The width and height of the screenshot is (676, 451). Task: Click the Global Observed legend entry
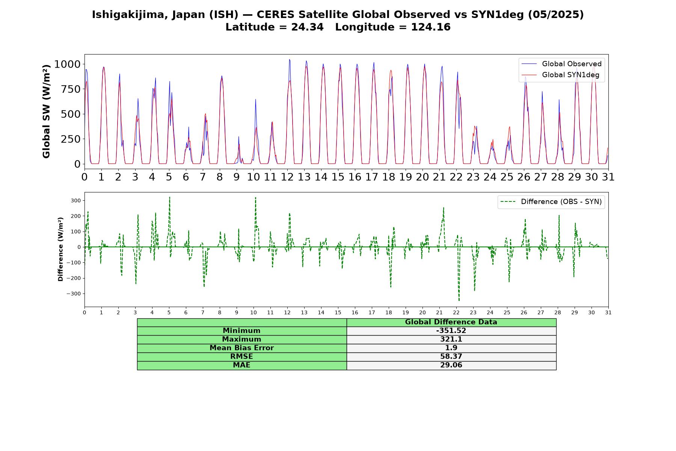(561, 64)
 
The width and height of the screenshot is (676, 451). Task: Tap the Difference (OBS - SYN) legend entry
(551, 202)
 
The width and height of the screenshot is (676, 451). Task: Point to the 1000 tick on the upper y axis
(68, 64)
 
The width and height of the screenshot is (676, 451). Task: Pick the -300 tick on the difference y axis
(74, 294)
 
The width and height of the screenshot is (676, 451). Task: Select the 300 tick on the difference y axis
(76, 201)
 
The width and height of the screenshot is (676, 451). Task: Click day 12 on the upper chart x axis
(287, 177)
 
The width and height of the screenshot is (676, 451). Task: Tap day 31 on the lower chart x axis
(608, 313)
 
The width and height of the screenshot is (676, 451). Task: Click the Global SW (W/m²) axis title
(46, 111)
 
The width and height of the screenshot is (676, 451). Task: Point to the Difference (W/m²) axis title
(60, 249)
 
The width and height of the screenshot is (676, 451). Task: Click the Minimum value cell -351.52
(451, 331)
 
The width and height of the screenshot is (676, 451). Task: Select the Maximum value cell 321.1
(451, 339)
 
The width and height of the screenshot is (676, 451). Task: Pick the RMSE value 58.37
(451, 357)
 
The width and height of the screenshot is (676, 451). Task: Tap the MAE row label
(241, 365)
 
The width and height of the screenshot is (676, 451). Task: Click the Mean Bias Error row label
(241, 348)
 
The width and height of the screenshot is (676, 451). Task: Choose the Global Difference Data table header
(451, 322)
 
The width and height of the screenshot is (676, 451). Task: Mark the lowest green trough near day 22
(459, 301)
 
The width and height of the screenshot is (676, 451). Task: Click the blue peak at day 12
(289, 59)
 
